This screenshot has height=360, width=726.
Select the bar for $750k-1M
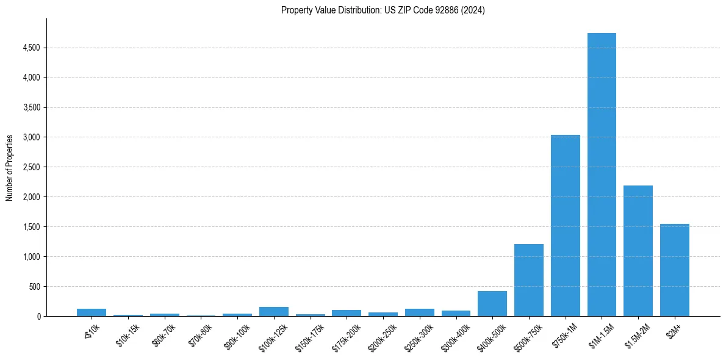pyautogui.click(x=565, y=225)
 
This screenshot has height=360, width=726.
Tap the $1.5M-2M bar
pyautogui.click(x=638, y=251)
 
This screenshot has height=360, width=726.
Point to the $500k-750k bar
pyautogui.click(x=529, y=280)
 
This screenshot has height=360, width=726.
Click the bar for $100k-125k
pyautogui.click(x=274, y=311)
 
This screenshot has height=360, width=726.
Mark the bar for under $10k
pyautogui.click(x=92, y=312)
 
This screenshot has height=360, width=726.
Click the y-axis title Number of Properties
pyautogui.click(x=10, y=167)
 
